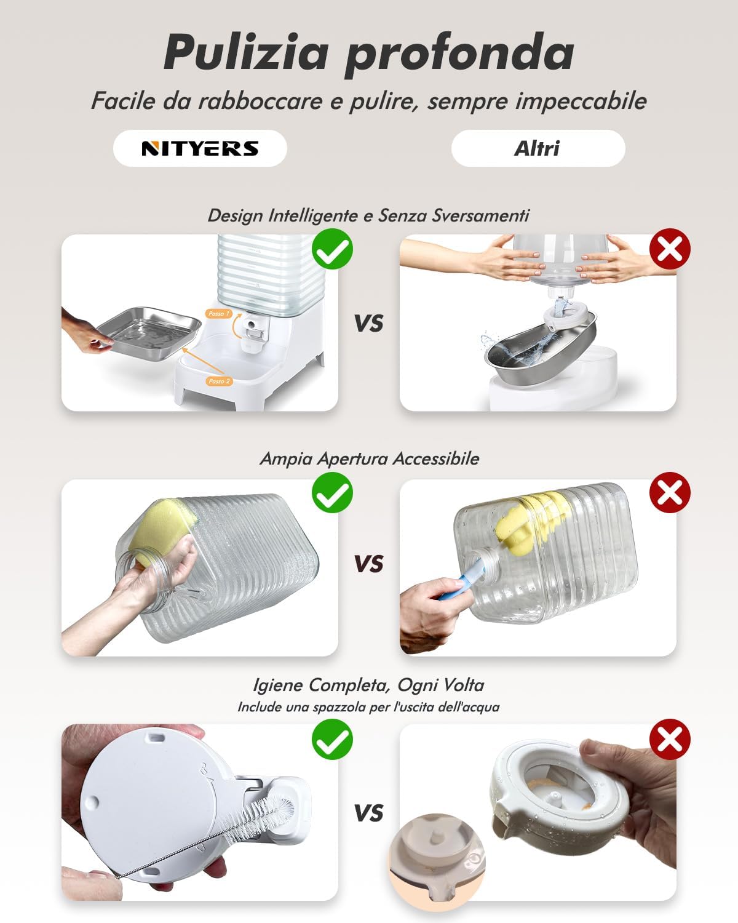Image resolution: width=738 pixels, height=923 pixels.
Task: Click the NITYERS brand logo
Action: (200, 148)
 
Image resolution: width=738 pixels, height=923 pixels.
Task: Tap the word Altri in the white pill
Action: (538, 148)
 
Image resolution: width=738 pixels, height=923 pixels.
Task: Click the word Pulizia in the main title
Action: (246, 52)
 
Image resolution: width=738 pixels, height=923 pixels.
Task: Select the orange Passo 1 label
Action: (219, 314)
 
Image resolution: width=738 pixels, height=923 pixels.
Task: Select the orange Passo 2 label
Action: (219, 381)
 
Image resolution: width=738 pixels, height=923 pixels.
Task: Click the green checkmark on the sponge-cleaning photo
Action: (332, 492)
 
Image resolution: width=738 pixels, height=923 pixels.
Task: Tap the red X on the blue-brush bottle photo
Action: (670, 492)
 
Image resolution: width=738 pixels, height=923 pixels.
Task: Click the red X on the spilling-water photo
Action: (670, 249)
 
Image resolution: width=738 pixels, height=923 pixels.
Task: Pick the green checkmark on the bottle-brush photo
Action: (332, 740)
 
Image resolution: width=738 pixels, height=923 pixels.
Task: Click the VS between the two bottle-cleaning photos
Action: (369, 564)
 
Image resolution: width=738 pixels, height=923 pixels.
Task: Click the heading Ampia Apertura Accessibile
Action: (369, 458)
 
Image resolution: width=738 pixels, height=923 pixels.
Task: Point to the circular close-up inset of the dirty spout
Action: (437, 862)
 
